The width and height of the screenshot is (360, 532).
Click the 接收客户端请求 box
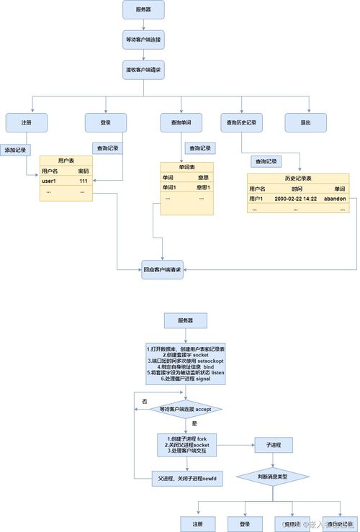(143, 70)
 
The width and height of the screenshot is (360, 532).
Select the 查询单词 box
(181, 123)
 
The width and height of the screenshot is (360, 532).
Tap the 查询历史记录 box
(241, 123)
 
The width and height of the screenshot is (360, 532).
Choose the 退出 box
(305, 123)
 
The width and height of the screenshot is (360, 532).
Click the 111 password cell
(83, 181)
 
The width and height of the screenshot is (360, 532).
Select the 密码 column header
(83, 171)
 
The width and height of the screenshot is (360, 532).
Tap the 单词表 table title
(187, 167)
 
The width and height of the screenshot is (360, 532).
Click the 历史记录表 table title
(302, 178)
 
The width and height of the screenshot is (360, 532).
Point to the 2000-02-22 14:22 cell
(296, 198)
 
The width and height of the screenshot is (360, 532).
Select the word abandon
(336, 198)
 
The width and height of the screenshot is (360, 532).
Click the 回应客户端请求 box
(162, 270)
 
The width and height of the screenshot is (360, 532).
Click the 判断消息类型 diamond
(272, 477)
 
